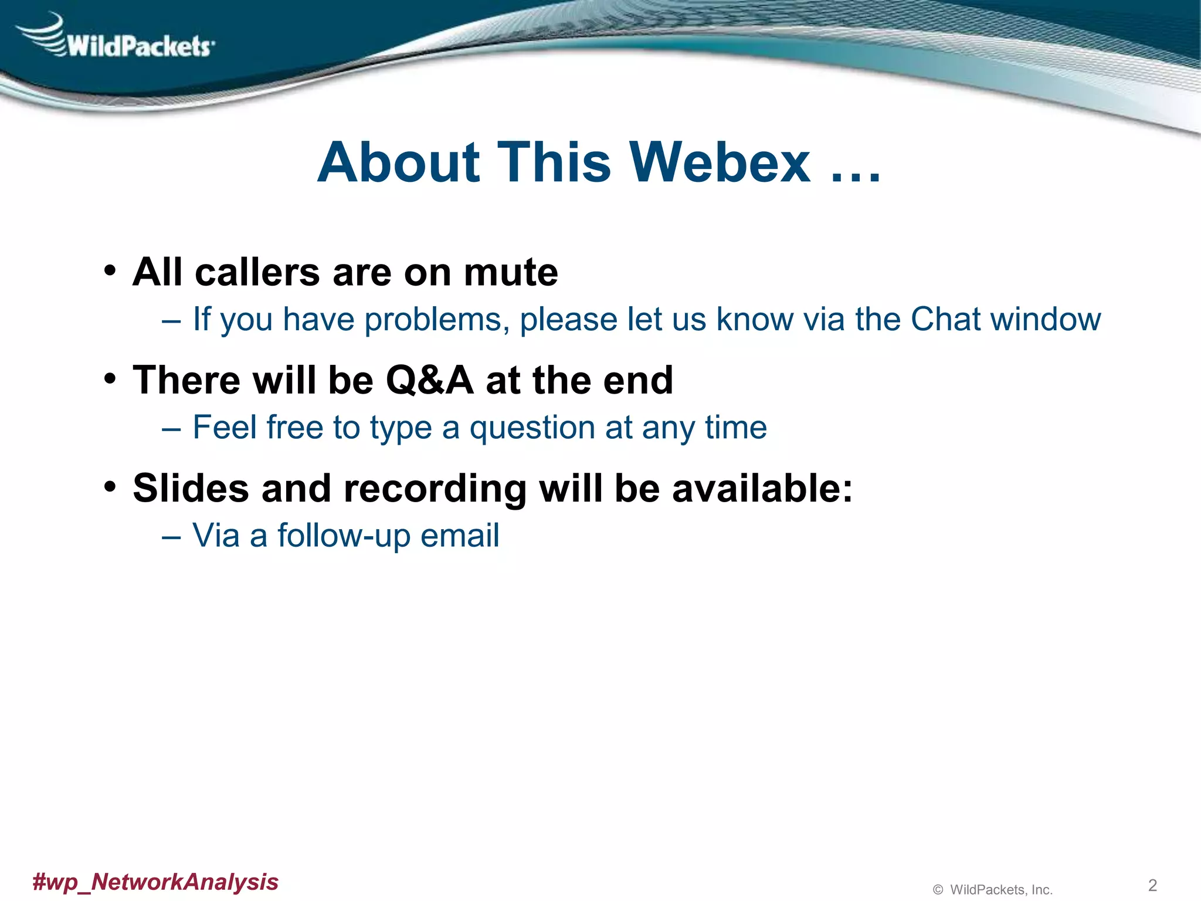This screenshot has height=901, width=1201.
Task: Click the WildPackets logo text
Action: click(x=140, y=46)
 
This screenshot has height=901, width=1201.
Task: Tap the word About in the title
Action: click(x=399, y=162)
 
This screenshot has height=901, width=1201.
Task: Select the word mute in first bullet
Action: click(x=510, y=273)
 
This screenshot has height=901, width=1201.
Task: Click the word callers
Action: click(x=258, y=273)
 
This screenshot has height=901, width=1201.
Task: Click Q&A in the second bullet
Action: click(x=429, y=381)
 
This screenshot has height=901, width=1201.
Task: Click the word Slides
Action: click(x=191, y=488)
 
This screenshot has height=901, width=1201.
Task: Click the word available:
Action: click(x=762, y=488)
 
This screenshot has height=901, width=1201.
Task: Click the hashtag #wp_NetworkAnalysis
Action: click(x=155, y=882)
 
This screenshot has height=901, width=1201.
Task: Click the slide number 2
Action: click(x=1152, y=885)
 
